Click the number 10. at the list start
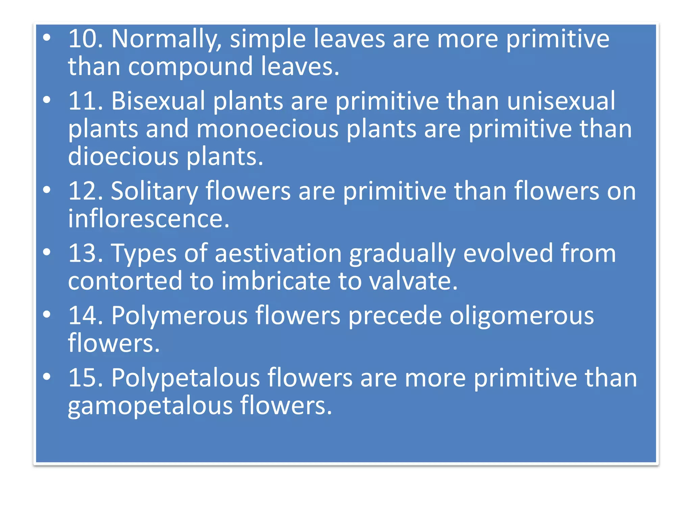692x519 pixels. [x=85, y=39]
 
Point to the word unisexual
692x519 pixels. [x=561, y=101]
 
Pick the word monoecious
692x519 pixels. [x=267, y=129]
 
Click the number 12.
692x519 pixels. [x=85, y=191]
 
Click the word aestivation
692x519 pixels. [x=278, y=254]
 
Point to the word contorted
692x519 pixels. [x=125, y=281]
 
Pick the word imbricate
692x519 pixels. [x=276, y=281]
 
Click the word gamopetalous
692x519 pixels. [x=150, y=406]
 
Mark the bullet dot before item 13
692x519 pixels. [x=47, y=252]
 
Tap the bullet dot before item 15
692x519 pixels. [x=47, y=376]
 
